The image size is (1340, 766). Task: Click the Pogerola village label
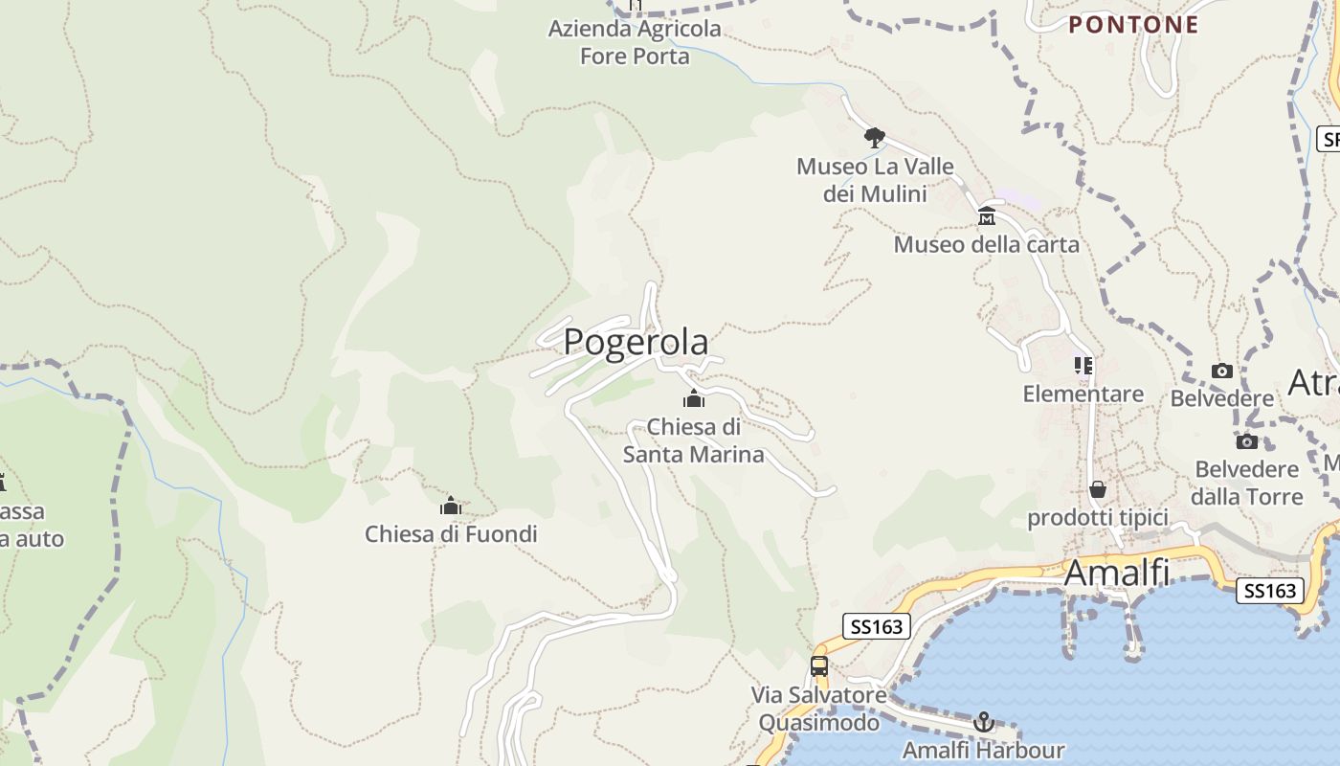[x=636, y=342]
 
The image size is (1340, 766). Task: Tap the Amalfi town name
[x=1116, y=573]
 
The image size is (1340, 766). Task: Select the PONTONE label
[x=1133, y=25]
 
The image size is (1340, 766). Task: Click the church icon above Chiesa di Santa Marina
[x=694, y=399]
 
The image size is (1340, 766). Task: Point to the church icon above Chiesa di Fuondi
[x=451, y=507]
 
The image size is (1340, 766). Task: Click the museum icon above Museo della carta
[x=987, y=216]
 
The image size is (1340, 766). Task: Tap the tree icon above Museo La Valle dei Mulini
[x=874, y=137]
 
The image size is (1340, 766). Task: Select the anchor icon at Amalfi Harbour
[x=984, y=722]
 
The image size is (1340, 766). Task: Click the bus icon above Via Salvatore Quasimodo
[x=819, y=666]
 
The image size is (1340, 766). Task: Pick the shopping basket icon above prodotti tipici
[x=1098, y=490]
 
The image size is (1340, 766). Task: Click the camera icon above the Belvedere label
[x=1222, y=372]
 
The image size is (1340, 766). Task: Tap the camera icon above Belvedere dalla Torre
[x=1246, y=442]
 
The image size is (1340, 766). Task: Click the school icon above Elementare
[x=1083, y=366]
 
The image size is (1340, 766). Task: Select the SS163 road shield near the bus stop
[x=877, y=626]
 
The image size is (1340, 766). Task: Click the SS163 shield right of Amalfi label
[x=1270, y=591]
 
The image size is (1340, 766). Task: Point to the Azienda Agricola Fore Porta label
[x=635, y=42]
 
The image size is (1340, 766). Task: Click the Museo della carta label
[x=986, y=245]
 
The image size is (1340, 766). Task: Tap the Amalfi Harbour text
[x=983, y=750]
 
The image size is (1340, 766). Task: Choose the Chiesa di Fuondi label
[x=451, y=534]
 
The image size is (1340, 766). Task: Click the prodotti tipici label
[x=1098, y=518]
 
